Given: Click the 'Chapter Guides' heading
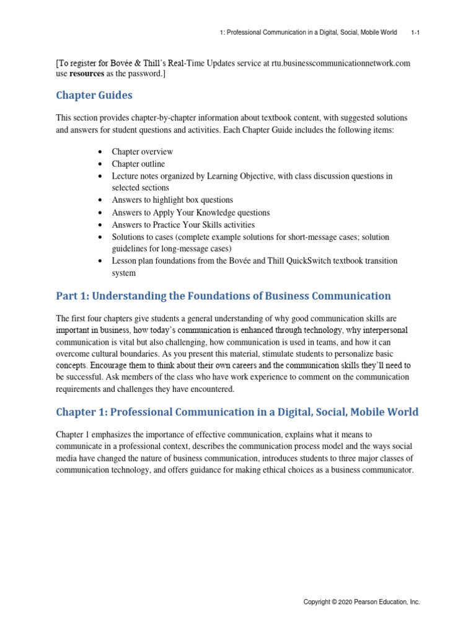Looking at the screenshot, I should coord(94,95).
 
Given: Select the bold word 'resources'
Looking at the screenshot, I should coord(87,74).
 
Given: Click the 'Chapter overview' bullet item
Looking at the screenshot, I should coord(142,152).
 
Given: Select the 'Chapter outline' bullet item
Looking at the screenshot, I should coord(138,164).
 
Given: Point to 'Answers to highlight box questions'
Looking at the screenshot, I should coord(172,200).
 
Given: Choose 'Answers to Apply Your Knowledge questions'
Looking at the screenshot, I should coord(190,213).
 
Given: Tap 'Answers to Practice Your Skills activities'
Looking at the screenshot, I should coord(183,224).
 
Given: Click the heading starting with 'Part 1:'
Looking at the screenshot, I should coord(223,296).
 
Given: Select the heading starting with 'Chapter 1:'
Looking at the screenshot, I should coord(237,412).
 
